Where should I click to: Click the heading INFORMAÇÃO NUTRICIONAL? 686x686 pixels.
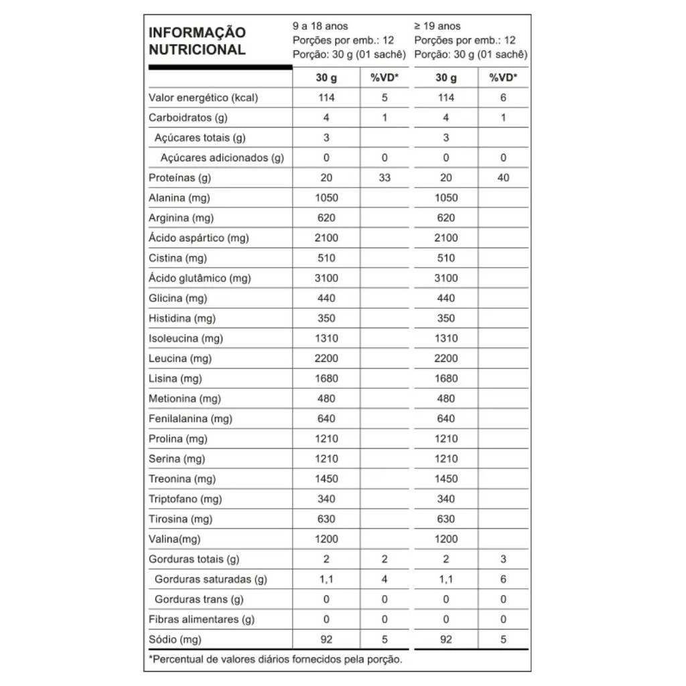click(197, 41)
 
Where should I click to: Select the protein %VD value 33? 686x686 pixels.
click(385, 178)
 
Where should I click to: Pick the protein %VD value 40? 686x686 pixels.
click(503, 178)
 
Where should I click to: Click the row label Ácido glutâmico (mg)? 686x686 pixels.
click(200, 278)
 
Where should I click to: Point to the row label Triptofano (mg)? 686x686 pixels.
click(185, 499)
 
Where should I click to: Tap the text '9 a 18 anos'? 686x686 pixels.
click(321, 27)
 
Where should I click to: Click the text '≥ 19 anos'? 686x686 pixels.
click(437, 27)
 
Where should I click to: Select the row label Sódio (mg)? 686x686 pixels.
click(175, 640)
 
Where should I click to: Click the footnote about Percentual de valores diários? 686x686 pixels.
click(275, 660)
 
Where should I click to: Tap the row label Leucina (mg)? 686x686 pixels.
click(180, 358)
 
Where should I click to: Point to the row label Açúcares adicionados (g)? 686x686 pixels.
click(222, 158)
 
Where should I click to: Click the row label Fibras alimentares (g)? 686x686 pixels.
click(201, 620)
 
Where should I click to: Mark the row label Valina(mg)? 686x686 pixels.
click(174, 539)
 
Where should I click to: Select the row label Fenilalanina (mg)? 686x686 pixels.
click(190, 419)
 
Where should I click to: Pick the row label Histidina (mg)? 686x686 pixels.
click(182, 318)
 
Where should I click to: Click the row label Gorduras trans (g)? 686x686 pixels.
click(199, 600)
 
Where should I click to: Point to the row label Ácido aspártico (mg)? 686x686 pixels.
click(196, 238)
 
